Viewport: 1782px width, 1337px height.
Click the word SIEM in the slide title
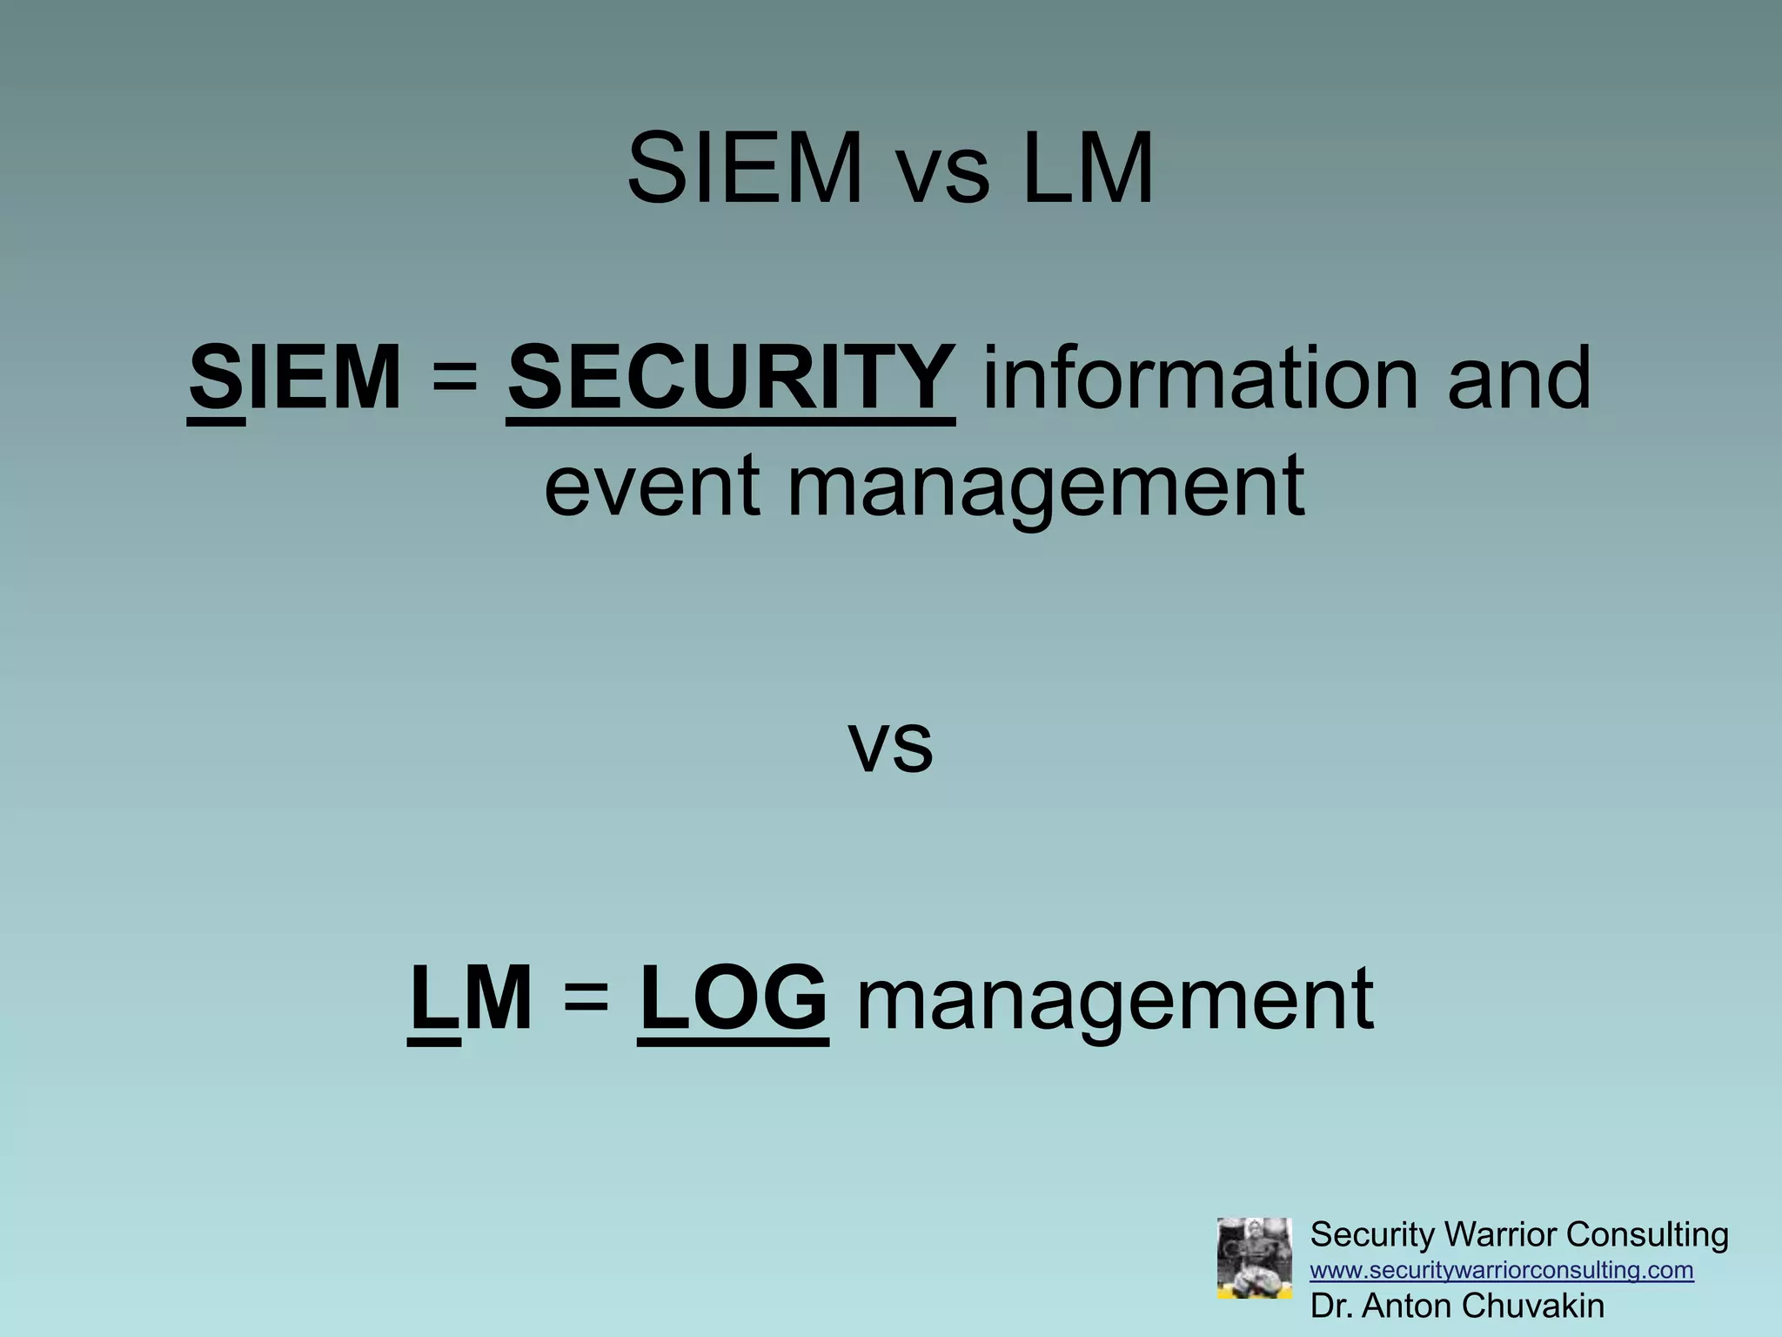(x=744, y=168)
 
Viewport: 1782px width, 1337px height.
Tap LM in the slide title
(x=1089, y=168)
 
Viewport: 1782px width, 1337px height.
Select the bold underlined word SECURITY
(x=731, y=378)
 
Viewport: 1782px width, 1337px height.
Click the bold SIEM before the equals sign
(x=295, y=378)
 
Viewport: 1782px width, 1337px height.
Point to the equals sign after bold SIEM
(x=454, y=378)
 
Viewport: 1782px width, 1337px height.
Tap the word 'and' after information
(x=1519, y=378)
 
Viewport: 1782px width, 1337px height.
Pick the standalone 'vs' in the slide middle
(x=890, y=743)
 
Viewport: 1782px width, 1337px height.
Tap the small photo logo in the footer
(x=1254, y=1258)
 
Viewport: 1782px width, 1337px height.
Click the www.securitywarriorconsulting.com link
(x=1502, y=1271)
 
